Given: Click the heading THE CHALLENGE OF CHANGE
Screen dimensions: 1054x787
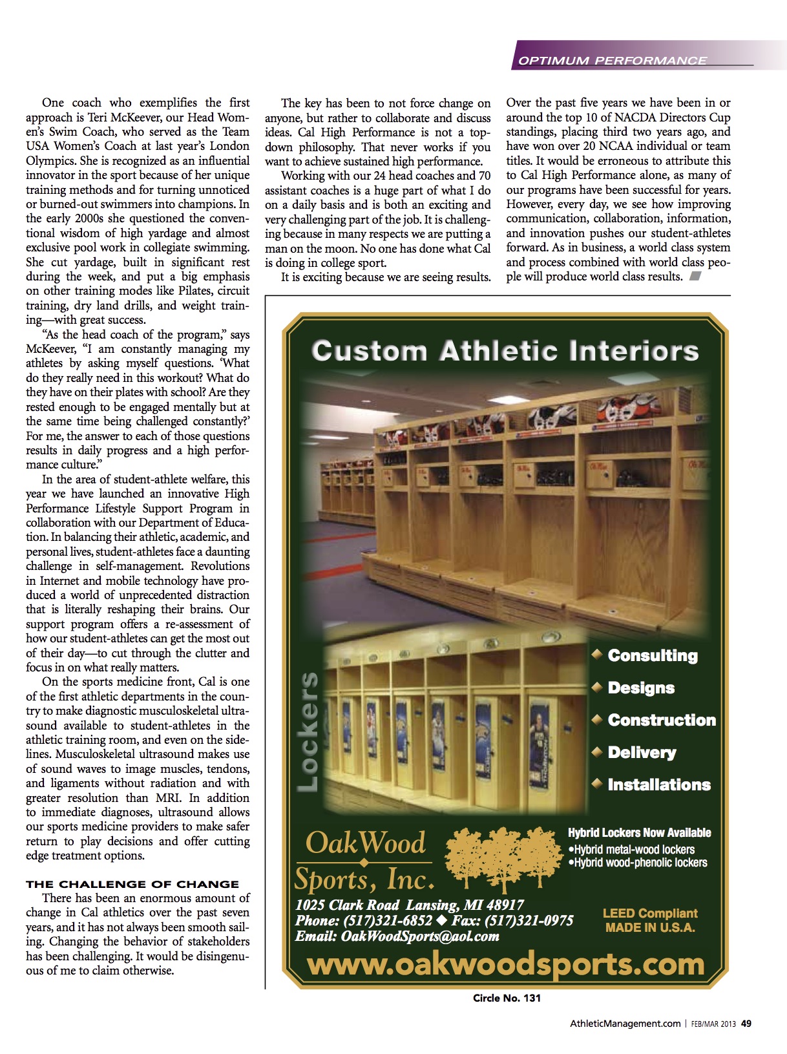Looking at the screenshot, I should (132, 884).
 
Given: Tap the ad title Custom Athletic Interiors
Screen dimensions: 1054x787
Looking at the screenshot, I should (505, 352).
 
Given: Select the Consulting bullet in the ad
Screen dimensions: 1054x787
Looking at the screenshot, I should (652, 655).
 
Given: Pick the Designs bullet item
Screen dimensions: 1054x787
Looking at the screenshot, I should (640, 688).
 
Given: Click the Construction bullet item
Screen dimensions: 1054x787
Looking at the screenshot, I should (661, 720).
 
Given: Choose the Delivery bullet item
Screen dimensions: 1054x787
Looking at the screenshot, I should (641, 752).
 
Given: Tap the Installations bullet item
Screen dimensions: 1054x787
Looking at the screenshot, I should (658, 785).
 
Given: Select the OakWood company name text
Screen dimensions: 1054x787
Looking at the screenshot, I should (365, 843).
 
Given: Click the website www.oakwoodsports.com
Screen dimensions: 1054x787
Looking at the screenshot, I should (505, 965).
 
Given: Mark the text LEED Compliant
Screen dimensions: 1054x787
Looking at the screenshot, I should (649, 913).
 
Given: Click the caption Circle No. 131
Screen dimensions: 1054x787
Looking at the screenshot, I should (506, 998).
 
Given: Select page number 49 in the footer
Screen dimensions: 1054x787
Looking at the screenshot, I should (746, 1024).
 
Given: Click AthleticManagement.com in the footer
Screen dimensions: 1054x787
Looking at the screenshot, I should (624, 1024).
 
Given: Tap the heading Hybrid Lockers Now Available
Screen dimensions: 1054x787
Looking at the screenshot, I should (639, 833).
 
